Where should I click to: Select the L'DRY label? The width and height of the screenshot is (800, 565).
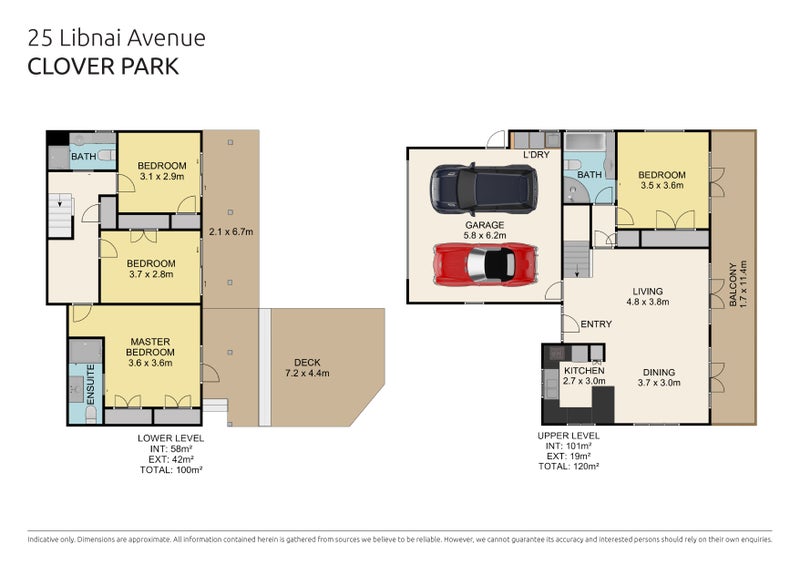[537, 155]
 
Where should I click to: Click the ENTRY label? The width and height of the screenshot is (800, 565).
[596, 323]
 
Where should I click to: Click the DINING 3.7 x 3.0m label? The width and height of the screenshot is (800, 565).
[660, 375]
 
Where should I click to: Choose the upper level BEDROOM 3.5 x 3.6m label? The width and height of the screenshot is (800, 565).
[662, 179]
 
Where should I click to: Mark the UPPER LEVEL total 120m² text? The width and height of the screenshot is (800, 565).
[569, 466]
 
